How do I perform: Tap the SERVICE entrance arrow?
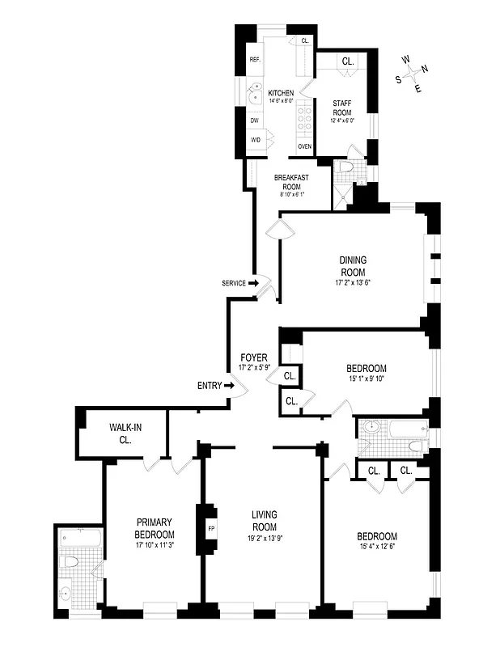pos(252,283)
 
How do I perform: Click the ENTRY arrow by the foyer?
pos(229,386)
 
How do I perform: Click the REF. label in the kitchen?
pos(254,60)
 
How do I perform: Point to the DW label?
pos(254,121)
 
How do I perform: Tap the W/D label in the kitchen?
pos(255,140)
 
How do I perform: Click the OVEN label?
pos(305,146)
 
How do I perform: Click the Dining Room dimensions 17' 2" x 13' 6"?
pos(353,283)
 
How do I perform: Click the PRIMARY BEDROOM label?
pos(155,528)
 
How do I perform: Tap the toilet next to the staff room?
pos(345,167)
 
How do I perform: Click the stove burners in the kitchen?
pos(305,119)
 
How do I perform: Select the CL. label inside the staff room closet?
pos(348,61)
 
